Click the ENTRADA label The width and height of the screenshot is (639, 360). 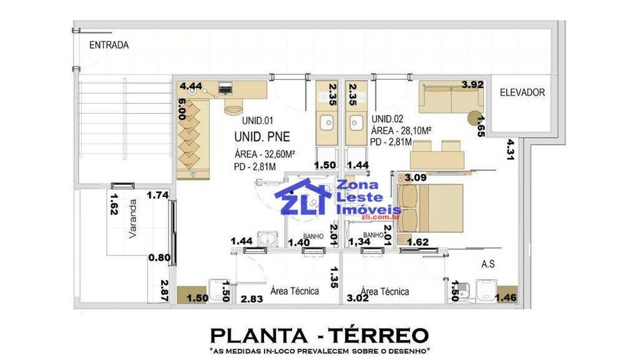point(109,45)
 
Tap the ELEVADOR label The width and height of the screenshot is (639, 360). point(522,93)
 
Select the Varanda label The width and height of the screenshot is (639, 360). point(132,219)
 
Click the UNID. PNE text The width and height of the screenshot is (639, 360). point(262,137)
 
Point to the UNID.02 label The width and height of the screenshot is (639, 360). point(387,119)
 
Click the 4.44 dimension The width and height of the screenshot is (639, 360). point(190,86)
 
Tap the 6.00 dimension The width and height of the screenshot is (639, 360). point(181,109)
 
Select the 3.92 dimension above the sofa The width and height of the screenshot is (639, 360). point(472,85)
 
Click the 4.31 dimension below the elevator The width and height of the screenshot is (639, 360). point(510,150)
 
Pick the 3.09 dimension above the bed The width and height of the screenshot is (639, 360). point(416,178)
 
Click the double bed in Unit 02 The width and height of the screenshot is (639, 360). point(430,208)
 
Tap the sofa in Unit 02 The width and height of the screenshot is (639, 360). point(451,97)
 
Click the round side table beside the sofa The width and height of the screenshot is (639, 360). point(474,118)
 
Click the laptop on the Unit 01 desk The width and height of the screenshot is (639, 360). point(226,88)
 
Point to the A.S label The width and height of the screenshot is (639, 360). point(488,264)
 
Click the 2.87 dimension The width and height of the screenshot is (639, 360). point(164,290)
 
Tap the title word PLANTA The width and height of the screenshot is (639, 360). point(259,336)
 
